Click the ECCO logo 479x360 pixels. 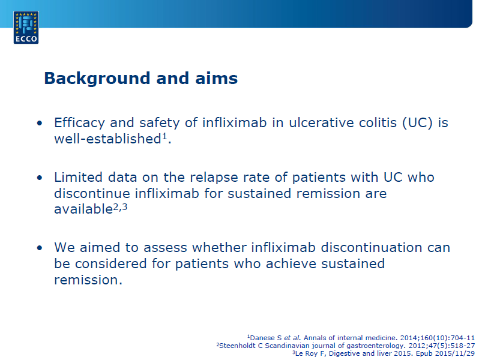click(x=26, y=28)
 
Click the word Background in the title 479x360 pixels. click(x=97, y=78)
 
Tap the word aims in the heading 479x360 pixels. click(x=216, y=78)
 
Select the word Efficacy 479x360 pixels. click(x=79, y=123)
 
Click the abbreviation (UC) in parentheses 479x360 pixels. click(x=417, y=123)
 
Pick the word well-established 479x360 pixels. click(x=108, y=139)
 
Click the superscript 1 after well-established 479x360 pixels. click(x=164, y=136)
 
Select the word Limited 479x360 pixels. click(x=78, y=178)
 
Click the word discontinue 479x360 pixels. click(x=92, y=194)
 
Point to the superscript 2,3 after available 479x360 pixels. click(x=121, y=208)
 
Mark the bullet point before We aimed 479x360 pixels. click(x=40, y=248)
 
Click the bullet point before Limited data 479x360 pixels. click(x=40, y=178)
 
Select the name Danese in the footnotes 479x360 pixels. click(x=262, y=338)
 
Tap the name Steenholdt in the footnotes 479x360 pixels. click(x=241, y=346)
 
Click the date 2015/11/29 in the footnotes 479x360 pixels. click(x=455, y=353)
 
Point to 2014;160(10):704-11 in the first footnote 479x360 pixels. click(x=438, y=338)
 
